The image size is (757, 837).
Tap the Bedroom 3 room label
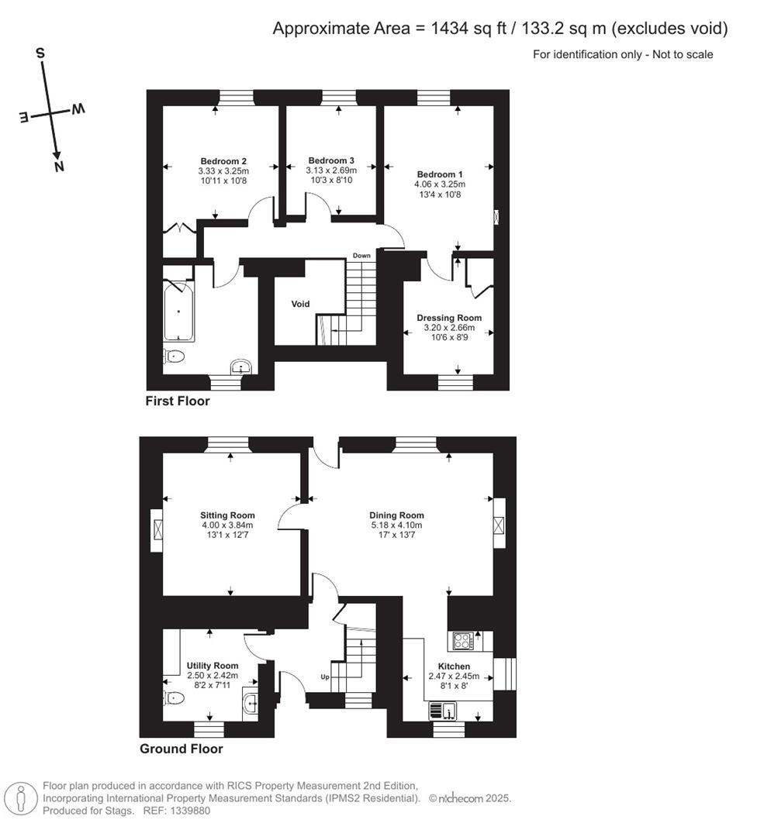[331, 160]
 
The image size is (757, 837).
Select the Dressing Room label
[448, 318]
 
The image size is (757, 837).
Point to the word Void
[300, 304]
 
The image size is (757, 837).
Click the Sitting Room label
[227, 515]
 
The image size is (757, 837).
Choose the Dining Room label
[396, 515]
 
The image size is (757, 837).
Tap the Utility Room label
[213, 666]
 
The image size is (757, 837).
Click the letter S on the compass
[40, 53]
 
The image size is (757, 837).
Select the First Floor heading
[178, 401]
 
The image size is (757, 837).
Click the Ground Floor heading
[181, 749]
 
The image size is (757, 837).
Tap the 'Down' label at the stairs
[361, 256]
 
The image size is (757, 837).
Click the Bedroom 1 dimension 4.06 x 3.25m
[440, 184]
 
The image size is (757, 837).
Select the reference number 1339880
[185, 811]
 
